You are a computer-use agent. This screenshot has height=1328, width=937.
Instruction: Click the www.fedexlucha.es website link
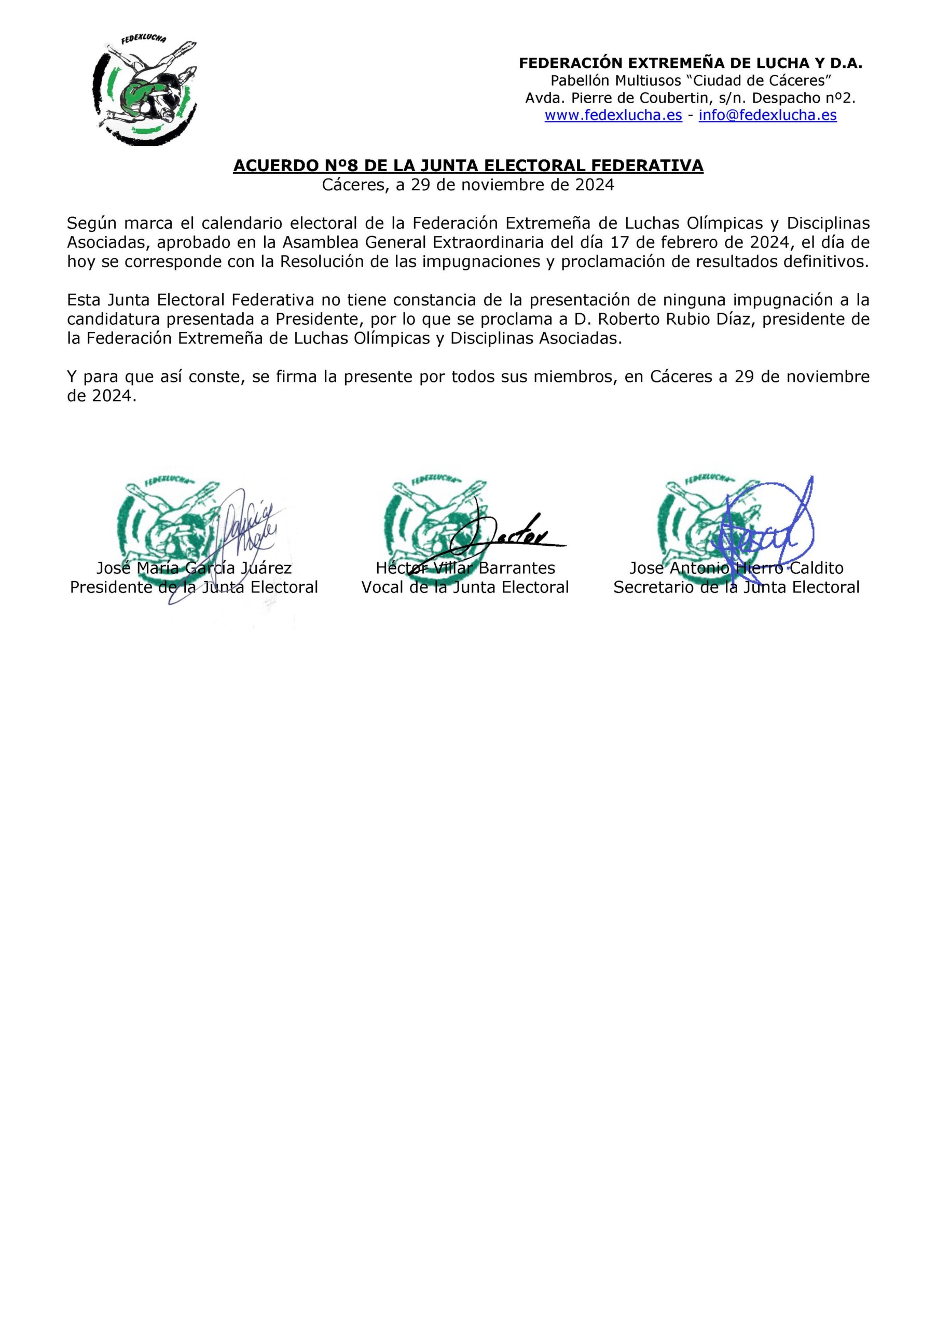613,115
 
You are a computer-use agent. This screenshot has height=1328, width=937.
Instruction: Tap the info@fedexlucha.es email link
767,115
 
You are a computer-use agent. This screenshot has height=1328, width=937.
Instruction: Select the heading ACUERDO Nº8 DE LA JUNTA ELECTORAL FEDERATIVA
468,166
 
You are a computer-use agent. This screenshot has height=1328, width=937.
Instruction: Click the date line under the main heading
468,185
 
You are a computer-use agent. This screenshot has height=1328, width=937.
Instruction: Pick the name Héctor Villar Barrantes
465,568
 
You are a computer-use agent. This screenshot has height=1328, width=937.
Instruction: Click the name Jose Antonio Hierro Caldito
736,568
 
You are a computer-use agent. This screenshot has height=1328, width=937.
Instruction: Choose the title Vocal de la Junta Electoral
465,588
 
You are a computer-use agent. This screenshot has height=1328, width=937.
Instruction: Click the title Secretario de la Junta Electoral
736,588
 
